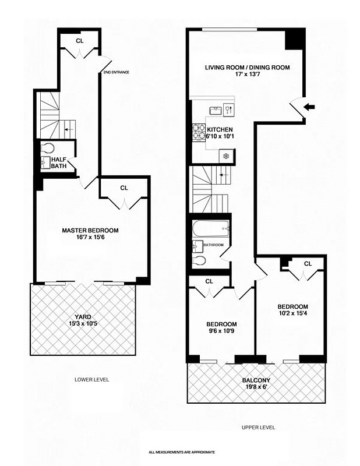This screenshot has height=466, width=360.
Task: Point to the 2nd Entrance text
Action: [x=116, y=72]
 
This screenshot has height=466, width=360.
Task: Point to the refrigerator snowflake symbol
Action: [x=225, y=156]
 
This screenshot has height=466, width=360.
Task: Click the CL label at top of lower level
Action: [x=80, y=40]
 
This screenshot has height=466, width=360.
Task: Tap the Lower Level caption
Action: [x=91, y=380]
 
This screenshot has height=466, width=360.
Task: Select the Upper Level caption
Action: [x=258, y=428]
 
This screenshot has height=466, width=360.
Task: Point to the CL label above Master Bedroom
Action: [x=123, y=188]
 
